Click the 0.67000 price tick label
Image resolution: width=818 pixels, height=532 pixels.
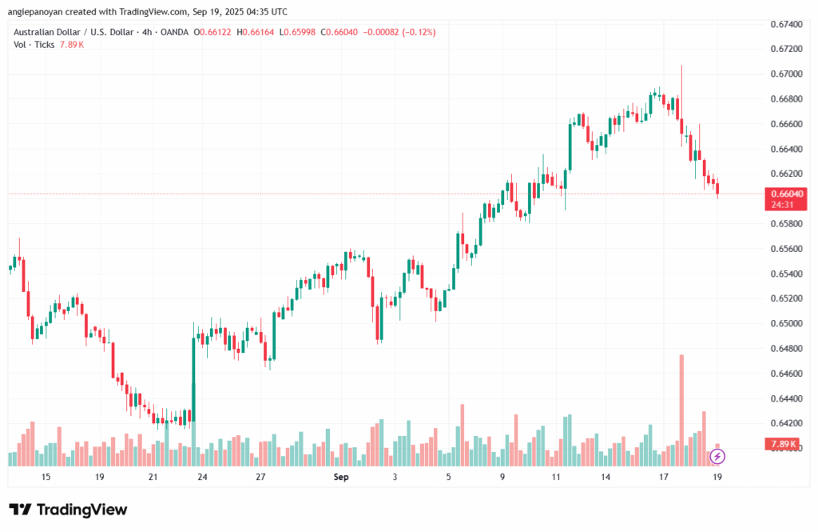pyautogui.click(x=788, y=74)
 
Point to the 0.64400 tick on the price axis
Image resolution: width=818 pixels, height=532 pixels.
pyautogui.click(x=788, y=398)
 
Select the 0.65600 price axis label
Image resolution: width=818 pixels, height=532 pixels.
pyautogui.click(x=788, y=248)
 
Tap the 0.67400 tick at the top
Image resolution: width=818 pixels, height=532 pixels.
pyautogui.click(x=788, y=24)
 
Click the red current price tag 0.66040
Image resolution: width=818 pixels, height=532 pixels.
pyautogui.click(x=787, y=194)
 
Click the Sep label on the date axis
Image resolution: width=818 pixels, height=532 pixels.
pyautogui.click(x=341, y=477)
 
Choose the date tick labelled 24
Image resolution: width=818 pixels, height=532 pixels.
pyautogui.click(x=202, y=477)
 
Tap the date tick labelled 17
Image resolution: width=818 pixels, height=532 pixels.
pyautogui.click(x=663, y=477)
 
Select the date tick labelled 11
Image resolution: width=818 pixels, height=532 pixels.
pyautogui.click(x=556, y=477)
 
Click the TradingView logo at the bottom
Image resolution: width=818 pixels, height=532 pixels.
pyautogui.click(x=68, y=510)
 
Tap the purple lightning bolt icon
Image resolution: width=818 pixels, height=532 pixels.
pyautogui.click(x=717, y=456)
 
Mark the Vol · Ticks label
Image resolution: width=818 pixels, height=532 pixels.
pyautogui.click(x=31, y=44)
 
